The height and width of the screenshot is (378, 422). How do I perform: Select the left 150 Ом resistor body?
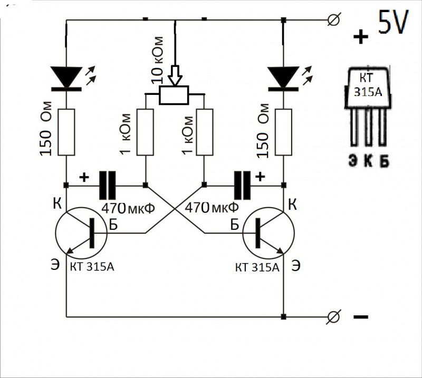(x=66, y=132)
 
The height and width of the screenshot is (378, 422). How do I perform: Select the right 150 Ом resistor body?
(x=284, y=132)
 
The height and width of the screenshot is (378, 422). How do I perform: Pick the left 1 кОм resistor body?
(x=145, y=132)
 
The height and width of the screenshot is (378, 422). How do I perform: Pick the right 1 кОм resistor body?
(x=204, y=132)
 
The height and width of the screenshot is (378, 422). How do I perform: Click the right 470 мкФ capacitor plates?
(x=243, y=185)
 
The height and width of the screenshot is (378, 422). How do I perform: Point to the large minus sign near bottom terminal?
(x=361, y=317)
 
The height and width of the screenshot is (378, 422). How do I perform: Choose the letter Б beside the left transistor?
(x=113, y=224)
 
